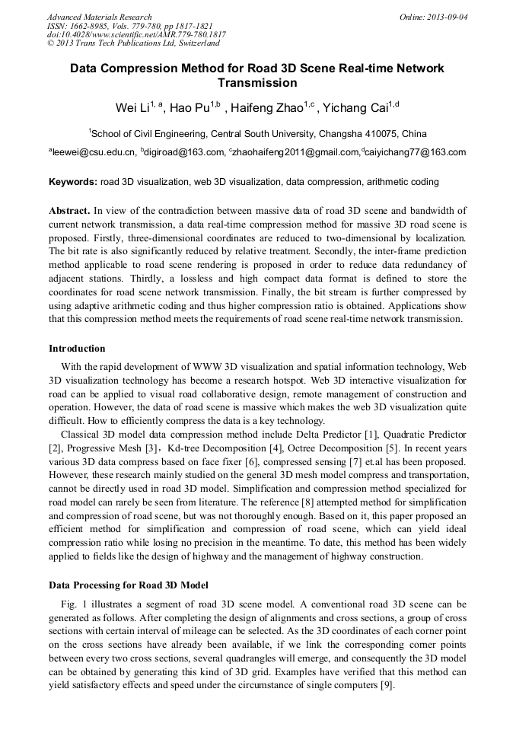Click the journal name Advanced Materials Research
click(x=99, y=17)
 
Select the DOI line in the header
click(x=136, y=34)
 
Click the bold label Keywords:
click(x=73, y=183)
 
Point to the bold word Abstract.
click(x=70, y=210)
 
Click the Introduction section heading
click(x=77, y=349)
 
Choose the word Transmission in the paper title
click(x=257, y=82)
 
